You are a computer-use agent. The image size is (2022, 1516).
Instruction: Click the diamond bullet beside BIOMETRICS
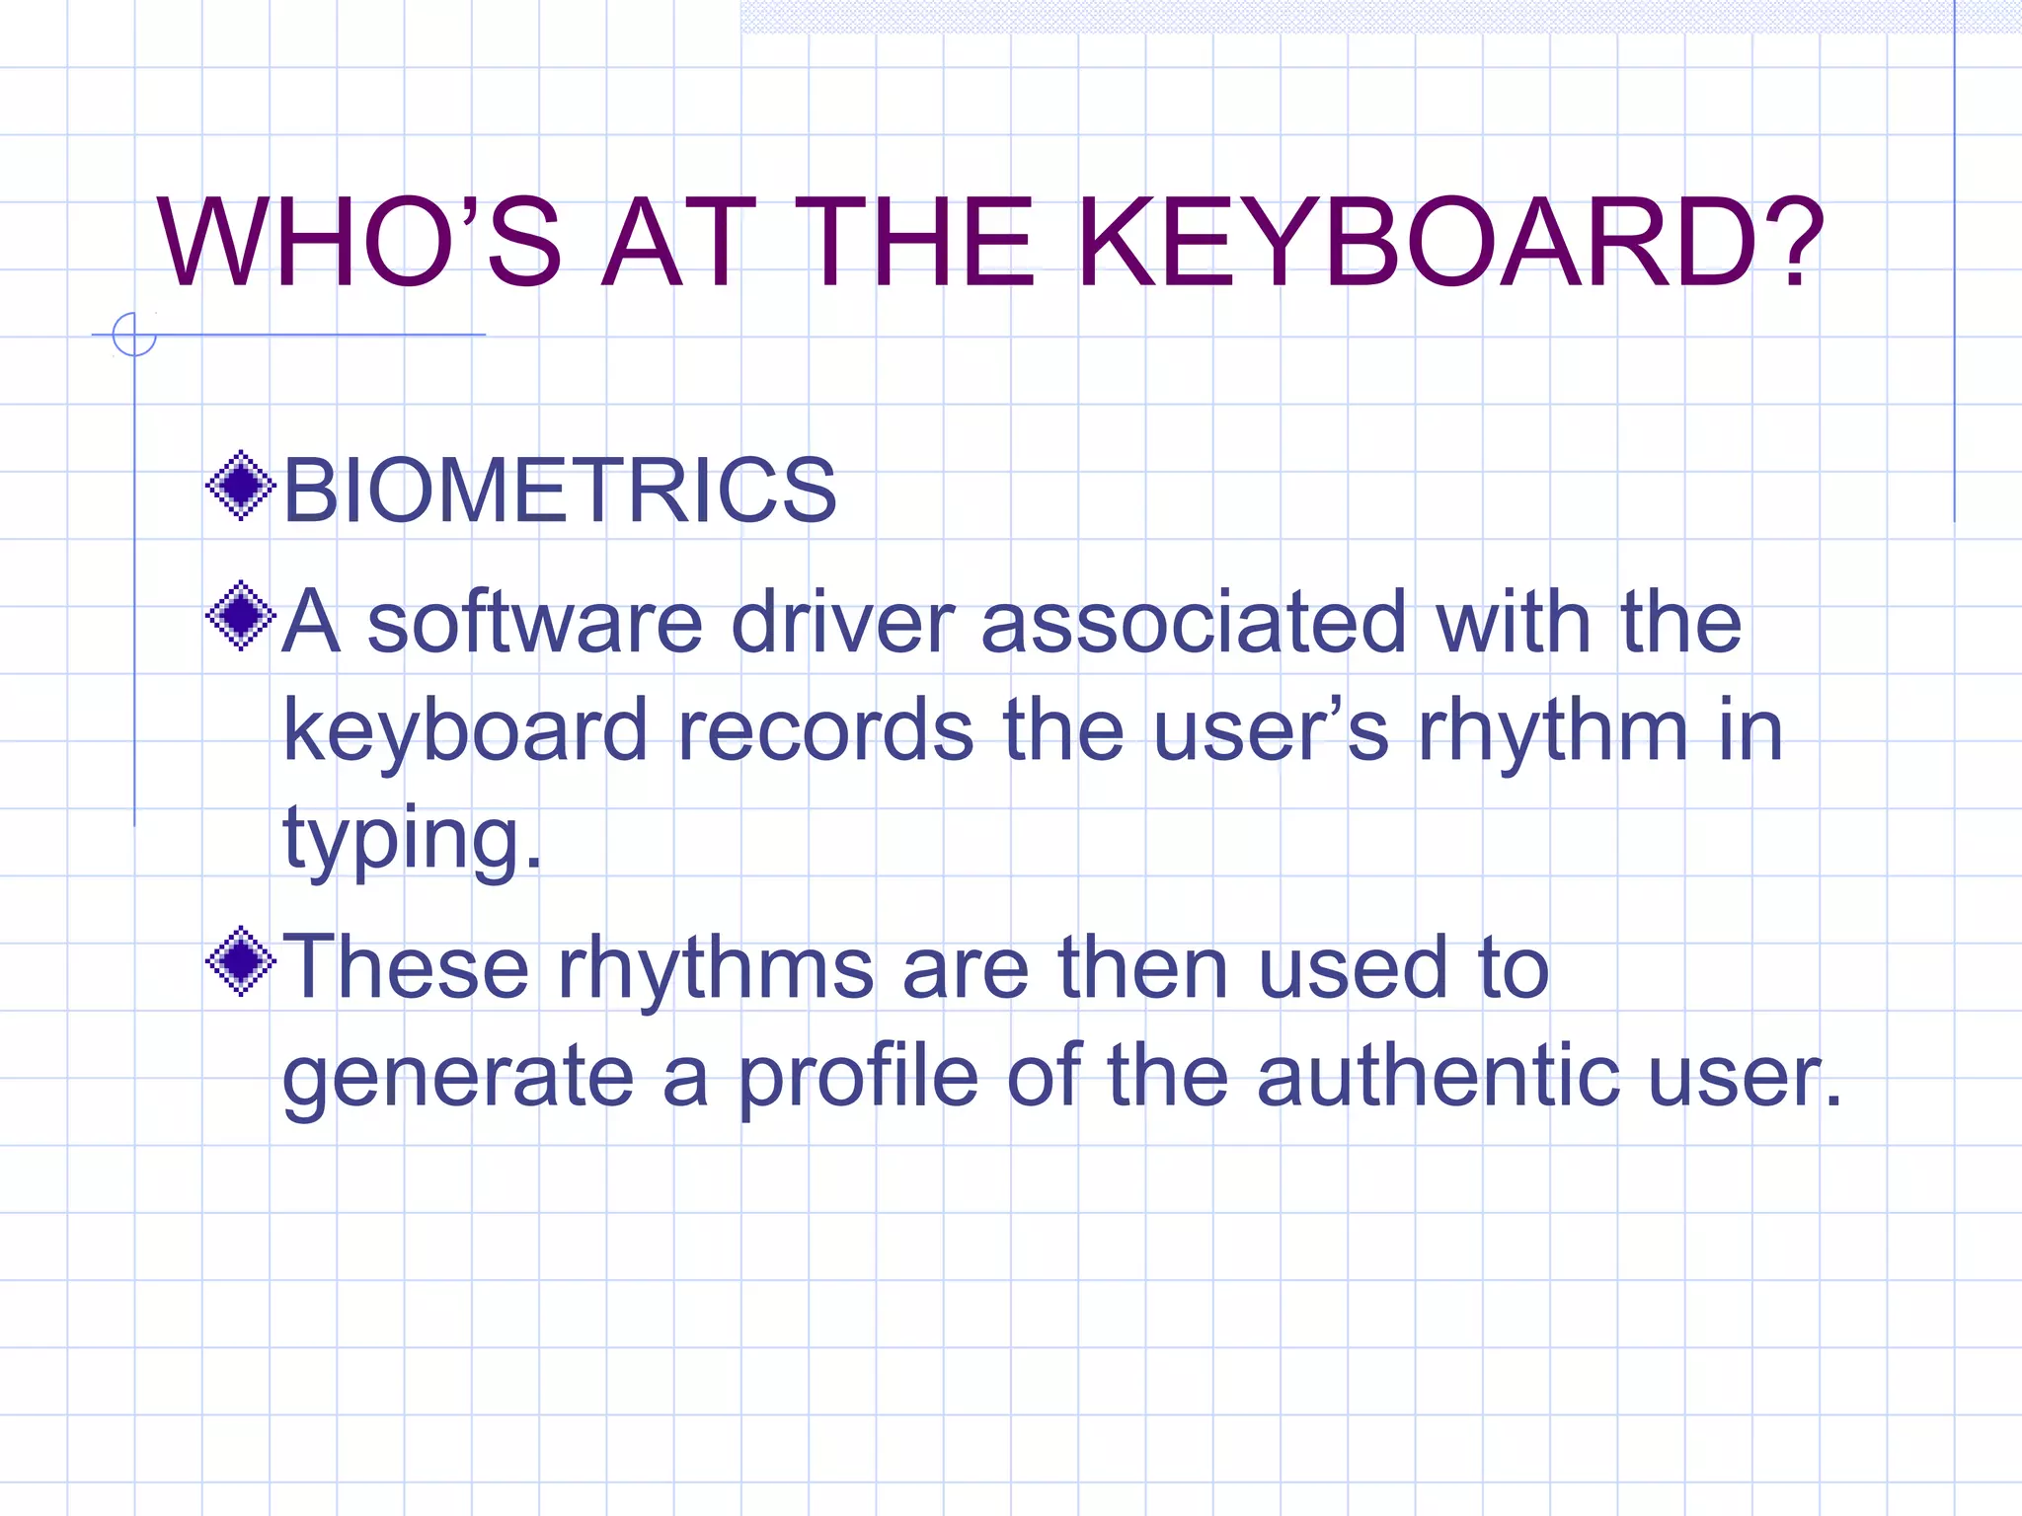(x=240, y=486)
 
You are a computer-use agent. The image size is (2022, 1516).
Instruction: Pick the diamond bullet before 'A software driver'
(x=240, y=616)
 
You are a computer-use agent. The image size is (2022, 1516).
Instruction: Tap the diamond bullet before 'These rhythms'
(x=240, y=961)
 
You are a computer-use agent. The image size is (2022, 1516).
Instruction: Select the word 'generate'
(x=458, y=1078)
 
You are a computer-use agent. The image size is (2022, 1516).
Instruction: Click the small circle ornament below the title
(x=134, y=335)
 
